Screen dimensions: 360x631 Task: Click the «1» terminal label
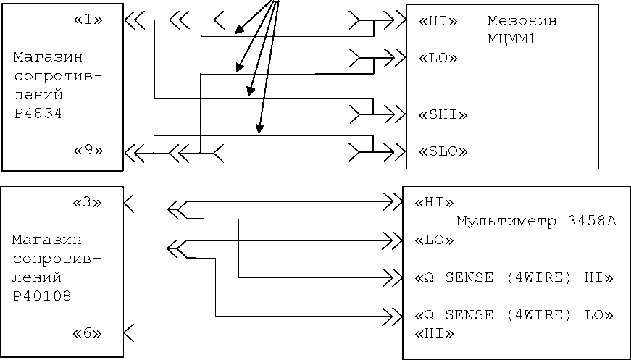88,20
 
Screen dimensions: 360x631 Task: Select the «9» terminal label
88,151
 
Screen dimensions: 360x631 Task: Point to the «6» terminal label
88,333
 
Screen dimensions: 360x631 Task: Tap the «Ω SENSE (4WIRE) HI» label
514,277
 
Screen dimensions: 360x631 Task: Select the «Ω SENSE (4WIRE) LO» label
514,315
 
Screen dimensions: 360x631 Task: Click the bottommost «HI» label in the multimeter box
433,333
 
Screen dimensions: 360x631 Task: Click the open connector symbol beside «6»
129,332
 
